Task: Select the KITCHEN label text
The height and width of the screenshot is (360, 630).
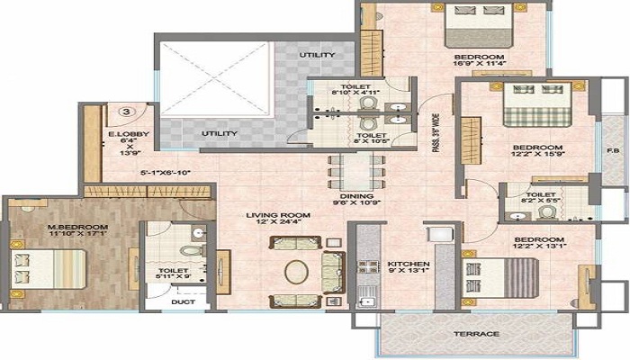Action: (x=409, y=265)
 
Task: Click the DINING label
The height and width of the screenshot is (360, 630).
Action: (x=350, y=195)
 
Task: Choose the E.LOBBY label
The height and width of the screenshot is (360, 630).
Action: (x=123, y=134)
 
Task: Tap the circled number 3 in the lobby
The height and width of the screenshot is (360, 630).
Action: (x=127, y=112)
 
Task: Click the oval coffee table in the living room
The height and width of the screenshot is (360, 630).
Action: (x=296, y=270)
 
